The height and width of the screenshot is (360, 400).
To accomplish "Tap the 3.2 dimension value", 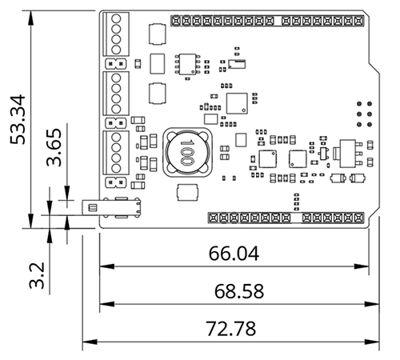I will pyautogui.click(x=37, y=273).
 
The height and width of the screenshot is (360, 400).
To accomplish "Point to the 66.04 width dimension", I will pyautogui.click(x=235, y=254).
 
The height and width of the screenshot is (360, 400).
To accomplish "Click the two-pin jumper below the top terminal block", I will pyautogui.click(x=113, y=62).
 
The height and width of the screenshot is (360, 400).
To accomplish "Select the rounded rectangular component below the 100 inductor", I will pyautogui.click(x=186, y=191).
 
